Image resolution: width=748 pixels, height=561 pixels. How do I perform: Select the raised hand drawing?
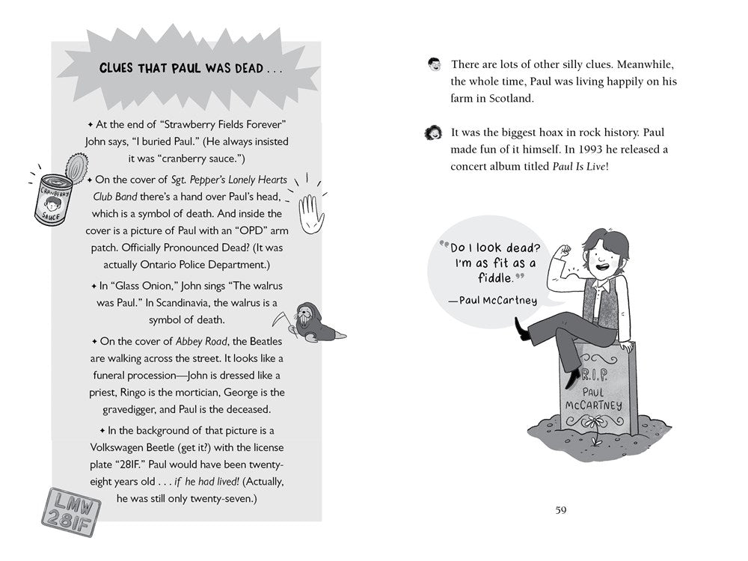(x=311, y=212)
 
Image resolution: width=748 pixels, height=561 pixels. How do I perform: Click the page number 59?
(x=561, y=510)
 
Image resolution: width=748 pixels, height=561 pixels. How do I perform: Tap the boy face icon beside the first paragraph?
(x=435, y=64)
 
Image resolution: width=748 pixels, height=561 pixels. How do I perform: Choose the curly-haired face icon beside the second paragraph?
(x=434, y=133)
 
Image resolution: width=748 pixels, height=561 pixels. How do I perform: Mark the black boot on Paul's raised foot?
(x=522, y=328)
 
